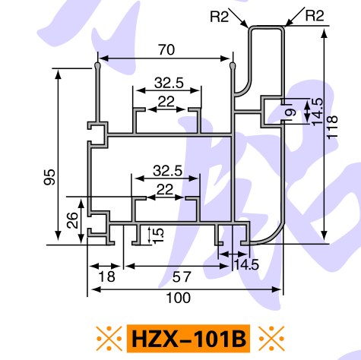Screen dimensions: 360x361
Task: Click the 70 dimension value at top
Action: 166,50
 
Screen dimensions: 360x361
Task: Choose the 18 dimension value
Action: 107,276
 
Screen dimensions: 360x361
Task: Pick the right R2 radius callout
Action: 315,15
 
